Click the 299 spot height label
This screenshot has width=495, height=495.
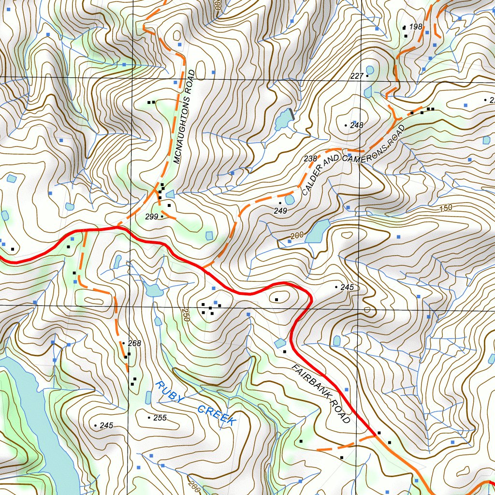coord(151,217)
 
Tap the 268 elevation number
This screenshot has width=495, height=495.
coord(134,344)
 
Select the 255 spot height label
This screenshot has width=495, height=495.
coord(160,418)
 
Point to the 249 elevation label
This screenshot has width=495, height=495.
coord(280,211)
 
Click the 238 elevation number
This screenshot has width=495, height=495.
coord(310,159)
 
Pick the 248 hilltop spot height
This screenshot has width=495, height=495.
coord(356,126)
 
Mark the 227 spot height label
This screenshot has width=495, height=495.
coord(356,76)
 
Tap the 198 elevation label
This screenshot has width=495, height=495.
coord(416,27)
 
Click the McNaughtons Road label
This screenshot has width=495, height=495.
coord(184,116)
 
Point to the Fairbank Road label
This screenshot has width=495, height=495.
coord(321,393)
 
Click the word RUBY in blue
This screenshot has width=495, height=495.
coord(170,393)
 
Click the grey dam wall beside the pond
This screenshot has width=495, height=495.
coord(291,115)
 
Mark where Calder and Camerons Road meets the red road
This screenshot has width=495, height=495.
coord(203,267)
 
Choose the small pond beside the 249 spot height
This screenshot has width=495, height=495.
coord(290,200)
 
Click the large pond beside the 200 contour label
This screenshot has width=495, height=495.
coord(317,232)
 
